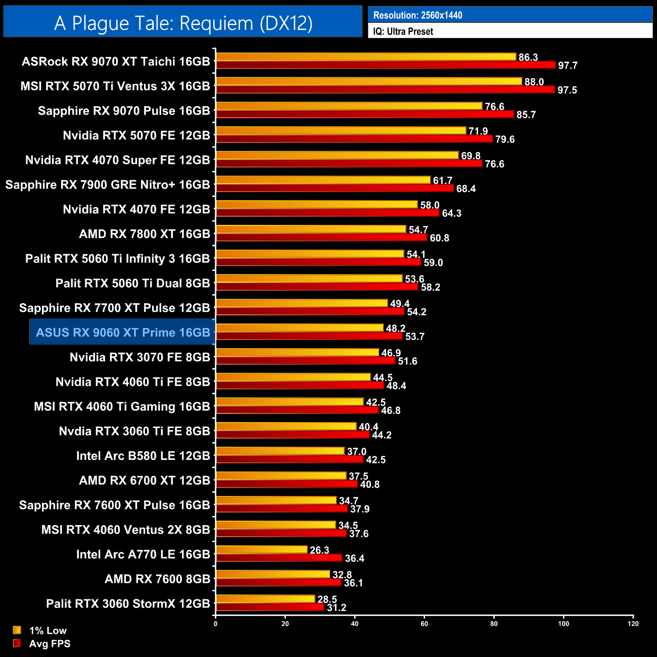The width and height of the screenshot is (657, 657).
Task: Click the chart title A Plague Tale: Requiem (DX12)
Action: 183,23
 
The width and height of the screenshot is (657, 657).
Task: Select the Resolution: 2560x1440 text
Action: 417,15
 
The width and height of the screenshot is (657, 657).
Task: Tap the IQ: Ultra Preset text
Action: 403,31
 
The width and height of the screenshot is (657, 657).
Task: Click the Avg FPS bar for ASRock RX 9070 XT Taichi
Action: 385,65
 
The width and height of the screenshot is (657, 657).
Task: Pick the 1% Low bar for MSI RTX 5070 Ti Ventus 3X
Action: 368,81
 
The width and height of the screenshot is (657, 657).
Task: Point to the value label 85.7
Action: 526,115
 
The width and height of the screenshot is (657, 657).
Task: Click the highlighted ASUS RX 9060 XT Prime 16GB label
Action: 123,333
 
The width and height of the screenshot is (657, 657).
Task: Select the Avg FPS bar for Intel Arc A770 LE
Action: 279,558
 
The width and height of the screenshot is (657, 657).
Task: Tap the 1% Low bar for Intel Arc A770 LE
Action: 261,550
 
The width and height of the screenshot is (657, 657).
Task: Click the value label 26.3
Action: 319,550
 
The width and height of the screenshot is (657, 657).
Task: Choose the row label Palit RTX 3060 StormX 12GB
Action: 128,604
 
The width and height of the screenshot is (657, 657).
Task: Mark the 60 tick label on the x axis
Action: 425,624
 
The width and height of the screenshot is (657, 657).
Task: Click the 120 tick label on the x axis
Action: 633,624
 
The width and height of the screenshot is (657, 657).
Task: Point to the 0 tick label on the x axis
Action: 216,624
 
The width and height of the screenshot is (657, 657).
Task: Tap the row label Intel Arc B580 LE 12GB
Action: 143,456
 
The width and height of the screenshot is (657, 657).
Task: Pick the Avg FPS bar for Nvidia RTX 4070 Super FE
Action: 349,163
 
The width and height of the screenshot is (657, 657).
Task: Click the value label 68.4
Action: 465,189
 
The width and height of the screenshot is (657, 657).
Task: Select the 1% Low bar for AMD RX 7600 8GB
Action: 273,574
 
